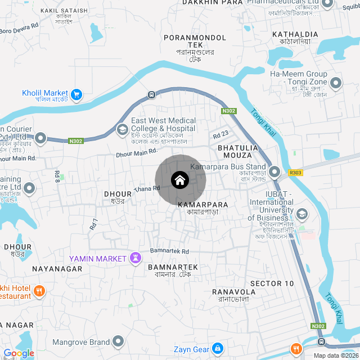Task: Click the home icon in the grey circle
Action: tap(180, 180)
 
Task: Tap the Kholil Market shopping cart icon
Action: tap(77, 94)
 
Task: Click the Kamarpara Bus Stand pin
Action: tap(274, 172)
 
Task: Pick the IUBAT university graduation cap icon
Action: tap(302, 214)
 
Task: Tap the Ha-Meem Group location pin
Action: tap(336, 84)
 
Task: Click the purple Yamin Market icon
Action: tap(136, 258)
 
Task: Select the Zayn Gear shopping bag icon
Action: tap(217, 349)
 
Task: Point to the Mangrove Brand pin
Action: tap(118, 341)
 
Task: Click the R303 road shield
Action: tap(295, 173)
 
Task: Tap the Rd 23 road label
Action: tap(221, 134)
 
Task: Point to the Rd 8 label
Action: tap(57, 176)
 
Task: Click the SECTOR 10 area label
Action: tap(272, 283)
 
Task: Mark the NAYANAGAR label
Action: tap(57, 269)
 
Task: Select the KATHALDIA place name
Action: tap(295, 34)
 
